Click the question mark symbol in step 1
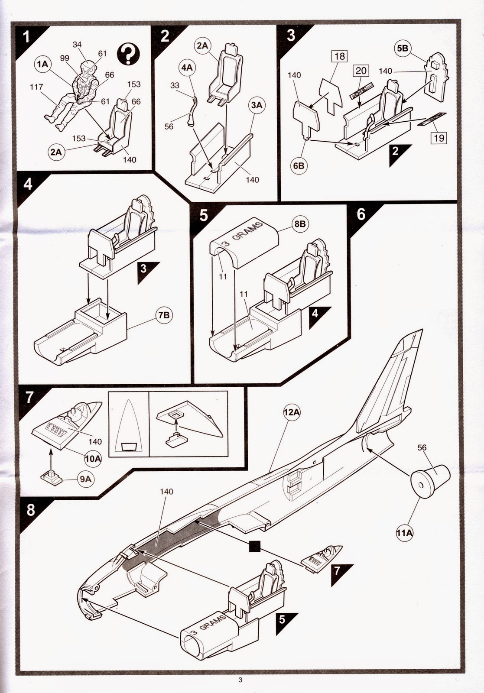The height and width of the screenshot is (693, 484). pos(128,54)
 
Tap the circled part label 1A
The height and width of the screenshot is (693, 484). pos(42,65)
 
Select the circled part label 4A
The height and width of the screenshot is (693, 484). pos(187,68)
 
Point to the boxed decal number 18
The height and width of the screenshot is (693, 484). pos(339,57)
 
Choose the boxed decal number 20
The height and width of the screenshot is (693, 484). pos(361,71)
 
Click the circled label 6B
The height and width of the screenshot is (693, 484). pos(299,166)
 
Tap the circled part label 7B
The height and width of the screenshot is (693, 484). pos(164,315)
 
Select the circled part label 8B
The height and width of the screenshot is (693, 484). pos(300,224)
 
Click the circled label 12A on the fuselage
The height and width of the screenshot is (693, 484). pos(292,413)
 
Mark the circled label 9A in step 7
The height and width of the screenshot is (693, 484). pos(85,479)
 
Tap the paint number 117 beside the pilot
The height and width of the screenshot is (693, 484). pos(36,87)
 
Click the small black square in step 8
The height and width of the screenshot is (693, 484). pos(255,546)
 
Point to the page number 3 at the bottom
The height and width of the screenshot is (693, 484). pos(240,680)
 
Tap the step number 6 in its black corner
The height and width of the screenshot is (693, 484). pos(361,214)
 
